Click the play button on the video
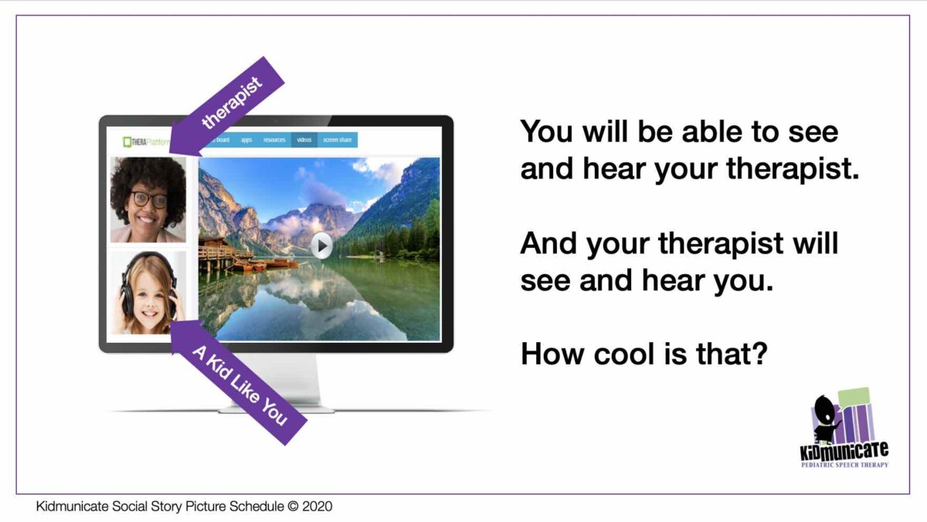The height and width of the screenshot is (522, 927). point(321,246)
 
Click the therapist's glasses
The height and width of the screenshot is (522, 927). point(148,198)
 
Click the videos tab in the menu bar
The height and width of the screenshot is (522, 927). point(304,141)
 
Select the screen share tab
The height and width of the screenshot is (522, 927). point(337,141)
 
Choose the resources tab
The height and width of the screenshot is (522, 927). point(274,141)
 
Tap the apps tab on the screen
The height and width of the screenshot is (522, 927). point(246,141)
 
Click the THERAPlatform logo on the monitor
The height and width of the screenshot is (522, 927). point(146,141)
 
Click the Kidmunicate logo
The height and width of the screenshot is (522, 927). point(844,429)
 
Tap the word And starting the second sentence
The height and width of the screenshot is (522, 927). point(550,244)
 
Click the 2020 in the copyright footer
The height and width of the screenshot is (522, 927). point(317,507)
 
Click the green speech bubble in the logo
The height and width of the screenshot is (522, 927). point(853,397)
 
